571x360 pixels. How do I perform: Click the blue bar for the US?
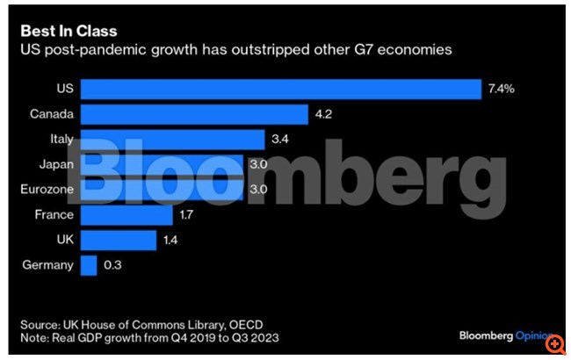point(280,89)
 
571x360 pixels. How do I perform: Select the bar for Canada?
point(194,114)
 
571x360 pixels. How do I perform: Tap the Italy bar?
point(172,139)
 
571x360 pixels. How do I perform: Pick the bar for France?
point(126,214)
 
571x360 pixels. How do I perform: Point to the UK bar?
point(119,239)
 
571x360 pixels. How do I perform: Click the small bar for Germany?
point(89,264)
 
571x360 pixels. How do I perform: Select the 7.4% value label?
point(502,89)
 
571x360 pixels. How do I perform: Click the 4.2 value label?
point(324,114)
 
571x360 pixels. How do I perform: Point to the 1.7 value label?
point(188,214)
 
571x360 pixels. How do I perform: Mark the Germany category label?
point(49,264)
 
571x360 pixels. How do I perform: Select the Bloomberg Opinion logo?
point(503,336)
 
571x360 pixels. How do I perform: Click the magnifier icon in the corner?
point(559,349)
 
